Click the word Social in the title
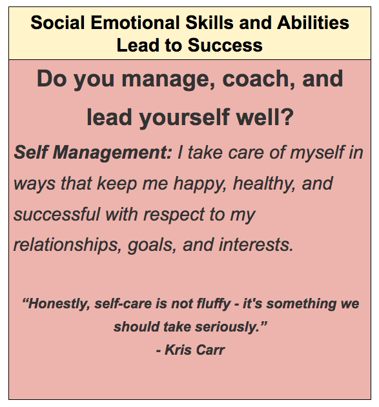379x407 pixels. pos(57,23)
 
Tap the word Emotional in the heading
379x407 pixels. pos(135,23)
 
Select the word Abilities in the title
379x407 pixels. pos(313,23)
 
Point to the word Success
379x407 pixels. pos(225,45)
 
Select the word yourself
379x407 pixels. pos(185,117)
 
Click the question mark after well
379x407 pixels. pos(287,117)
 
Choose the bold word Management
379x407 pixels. pos(112,152)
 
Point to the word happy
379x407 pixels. pos(200,184)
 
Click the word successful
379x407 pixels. pos(57,214)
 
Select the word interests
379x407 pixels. pos(256,244)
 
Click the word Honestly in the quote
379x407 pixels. pos(56,304)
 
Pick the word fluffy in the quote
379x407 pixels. pos(214,304)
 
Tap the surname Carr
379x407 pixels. pos(210,350)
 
